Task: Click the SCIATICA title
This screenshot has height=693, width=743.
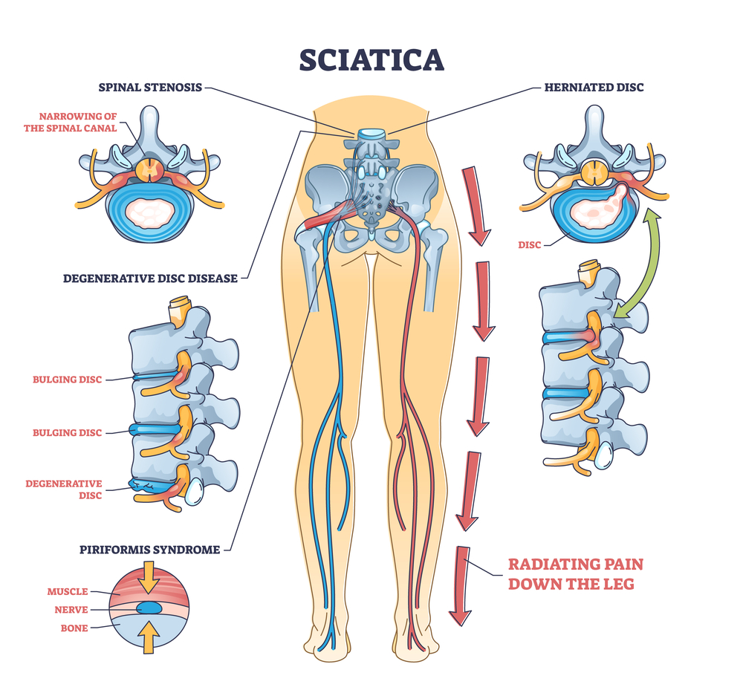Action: point(371,59)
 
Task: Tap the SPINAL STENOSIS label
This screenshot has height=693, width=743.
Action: point(150,87)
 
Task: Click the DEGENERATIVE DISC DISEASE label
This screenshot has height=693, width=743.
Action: point(150,279)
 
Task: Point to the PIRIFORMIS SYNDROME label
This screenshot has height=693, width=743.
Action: point(150,550)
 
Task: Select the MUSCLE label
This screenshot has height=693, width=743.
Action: point(68,592)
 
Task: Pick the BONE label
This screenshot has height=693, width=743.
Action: point(74,628)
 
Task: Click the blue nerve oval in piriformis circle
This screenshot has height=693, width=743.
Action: point(152,608)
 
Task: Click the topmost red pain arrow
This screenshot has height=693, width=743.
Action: point(475,205)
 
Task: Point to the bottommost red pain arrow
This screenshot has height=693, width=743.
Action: point(461,586)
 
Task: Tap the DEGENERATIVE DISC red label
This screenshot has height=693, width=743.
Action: point(63,489)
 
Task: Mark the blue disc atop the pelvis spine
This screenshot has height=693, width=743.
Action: point(369,135)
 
